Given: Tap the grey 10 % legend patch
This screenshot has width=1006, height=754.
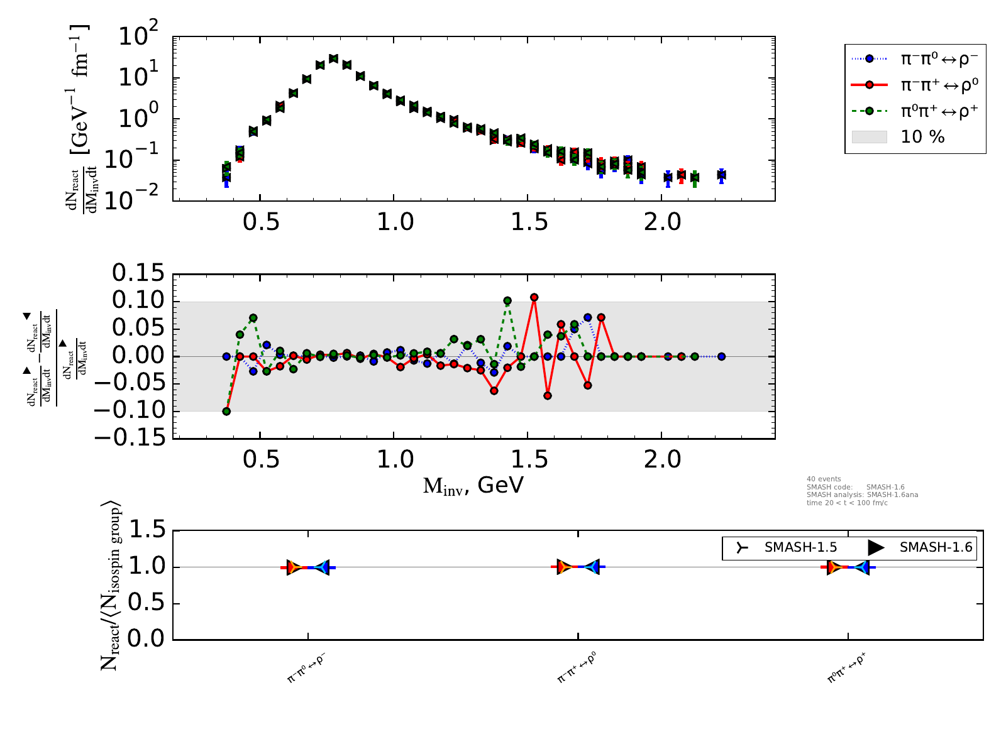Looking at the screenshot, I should pos(869,137).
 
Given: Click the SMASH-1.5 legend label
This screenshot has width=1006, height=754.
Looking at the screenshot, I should pos(800,547).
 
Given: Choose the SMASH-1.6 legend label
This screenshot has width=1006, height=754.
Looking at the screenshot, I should pos(936,547).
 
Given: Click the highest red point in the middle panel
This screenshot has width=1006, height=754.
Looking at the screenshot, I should pos(534,297).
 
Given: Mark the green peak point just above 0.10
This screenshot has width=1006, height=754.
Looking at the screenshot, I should pos(507,301).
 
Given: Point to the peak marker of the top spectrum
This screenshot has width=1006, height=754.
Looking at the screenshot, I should pos(333,58).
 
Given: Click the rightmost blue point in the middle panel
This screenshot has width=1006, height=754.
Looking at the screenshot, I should pos(721,356).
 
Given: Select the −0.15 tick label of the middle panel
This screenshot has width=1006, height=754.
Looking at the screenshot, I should pos(138,437).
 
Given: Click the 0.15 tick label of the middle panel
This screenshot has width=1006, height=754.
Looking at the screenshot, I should pos(138,273).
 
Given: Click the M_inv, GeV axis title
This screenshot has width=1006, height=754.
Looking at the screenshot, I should pos(473,485).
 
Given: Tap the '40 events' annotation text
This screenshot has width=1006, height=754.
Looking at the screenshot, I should pos(824,479).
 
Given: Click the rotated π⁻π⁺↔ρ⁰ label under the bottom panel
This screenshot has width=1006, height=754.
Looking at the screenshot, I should pos(577,667).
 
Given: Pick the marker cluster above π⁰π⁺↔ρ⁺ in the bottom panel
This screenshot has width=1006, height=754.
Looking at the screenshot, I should pos(848,567).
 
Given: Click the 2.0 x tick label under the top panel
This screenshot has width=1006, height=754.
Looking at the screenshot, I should pos(662,222).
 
